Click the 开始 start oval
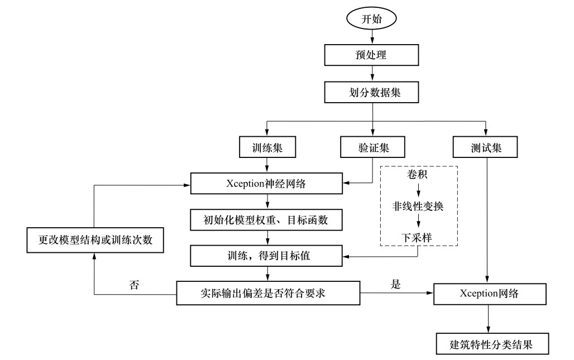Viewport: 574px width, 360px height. (x=372, y=18)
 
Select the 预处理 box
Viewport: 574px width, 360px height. (x=372, y=55)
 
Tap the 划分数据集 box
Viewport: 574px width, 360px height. (x=372, y=93)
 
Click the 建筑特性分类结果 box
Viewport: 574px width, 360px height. (x=492, y=344)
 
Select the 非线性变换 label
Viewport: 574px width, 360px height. (x=418, y=206)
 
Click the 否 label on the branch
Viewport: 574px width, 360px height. (x=134, y=285)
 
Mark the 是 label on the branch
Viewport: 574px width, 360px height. (x=395, y=285)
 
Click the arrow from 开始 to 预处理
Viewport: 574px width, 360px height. (x=372, y=36)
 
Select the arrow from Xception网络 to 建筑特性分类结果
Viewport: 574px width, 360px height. (x=490, y=318)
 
